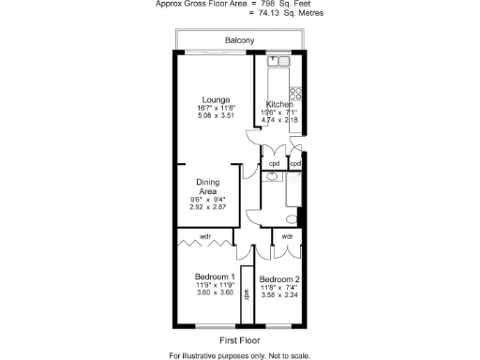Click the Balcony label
[x=240, y=41]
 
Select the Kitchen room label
[x=279, y=104]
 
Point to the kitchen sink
[x=279, y=62]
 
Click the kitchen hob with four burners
[x=294, y=93]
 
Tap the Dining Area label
[x=207, y=187]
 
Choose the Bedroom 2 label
[x=279, y=280]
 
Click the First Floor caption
[x=240, y=340]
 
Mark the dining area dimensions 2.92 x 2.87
[x=208, y=206]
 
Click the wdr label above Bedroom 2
[x=287, y=236]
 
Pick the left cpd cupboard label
[x=274, y=164]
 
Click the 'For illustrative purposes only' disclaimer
[x=240, y=355]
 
